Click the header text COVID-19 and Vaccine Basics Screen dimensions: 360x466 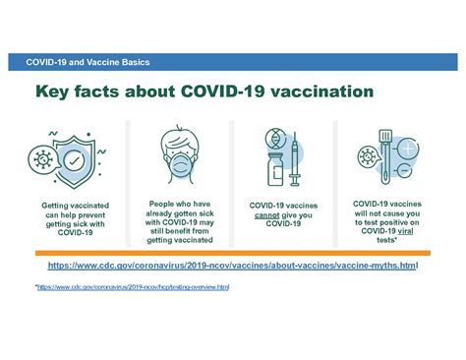coord(88,63)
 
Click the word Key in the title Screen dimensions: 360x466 coord(56,93)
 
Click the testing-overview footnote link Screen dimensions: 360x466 coord(133,287)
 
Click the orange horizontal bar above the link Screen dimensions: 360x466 coord(232,254)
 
